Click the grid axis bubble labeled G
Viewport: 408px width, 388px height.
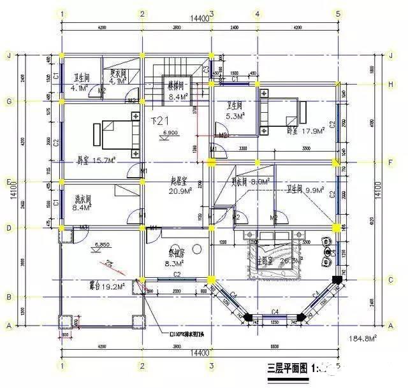click(9, 101)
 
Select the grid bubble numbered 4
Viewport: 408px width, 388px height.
click(256, 13)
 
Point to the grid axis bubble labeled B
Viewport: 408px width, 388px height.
click(9, 297)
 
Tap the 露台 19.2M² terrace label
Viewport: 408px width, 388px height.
click(89, 285)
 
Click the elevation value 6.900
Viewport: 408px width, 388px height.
click(170, 132)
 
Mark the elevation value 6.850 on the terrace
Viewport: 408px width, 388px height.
click(102, 243)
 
